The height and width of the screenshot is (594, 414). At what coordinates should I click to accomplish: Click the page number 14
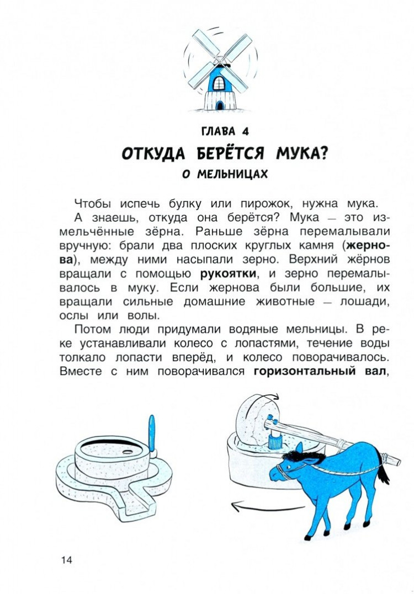click(x=67, y=560)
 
